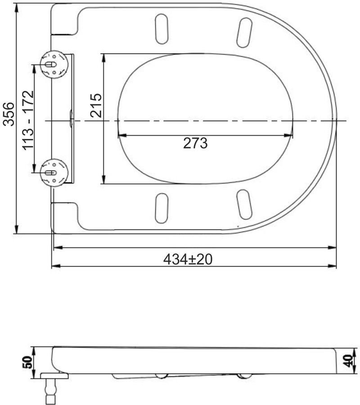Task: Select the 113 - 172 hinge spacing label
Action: (28, 121)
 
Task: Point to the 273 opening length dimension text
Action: (195, 143)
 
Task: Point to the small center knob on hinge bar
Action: (71, 120)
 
